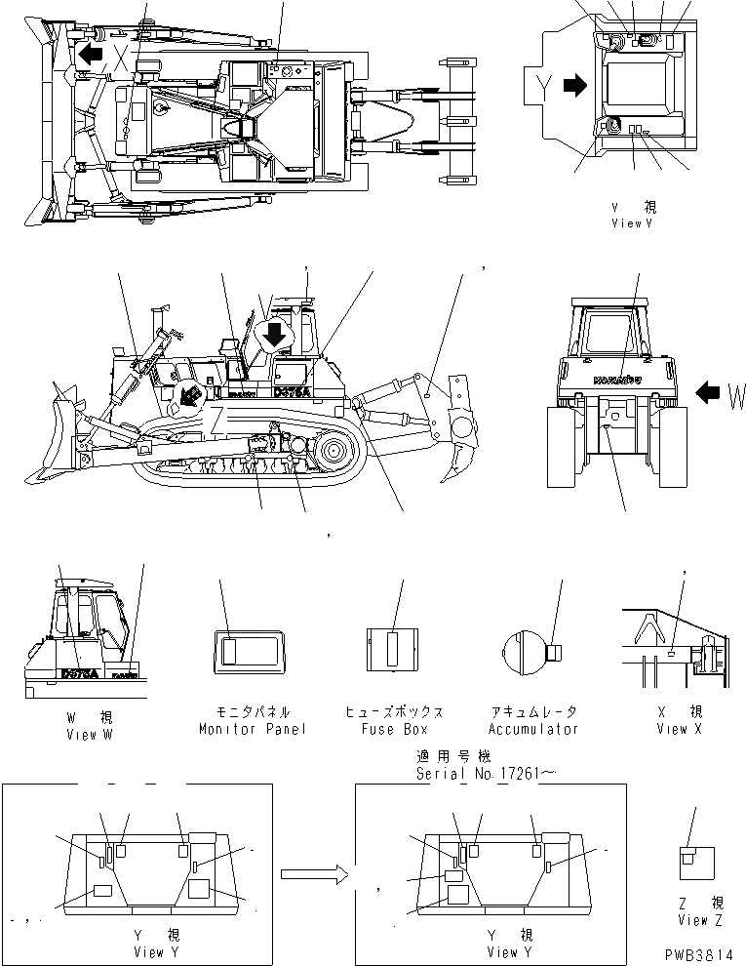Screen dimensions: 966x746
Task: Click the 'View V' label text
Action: click(x=631, y=222)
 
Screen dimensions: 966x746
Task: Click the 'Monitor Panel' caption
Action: click(x=252, y=729)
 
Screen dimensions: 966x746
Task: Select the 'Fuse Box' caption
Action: click(x=393, y=729)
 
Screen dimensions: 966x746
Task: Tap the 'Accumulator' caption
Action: click(x=535, y=729)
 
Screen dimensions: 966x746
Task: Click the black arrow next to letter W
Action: click(x=706, y=393)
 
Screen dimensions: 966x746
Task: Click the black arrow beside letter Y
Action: click(x=575, y=86)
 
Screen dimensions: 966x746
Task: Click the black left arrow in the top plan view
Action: click(x=91, y=54)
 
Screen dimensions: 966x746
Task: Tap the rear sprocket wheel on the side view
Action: click(x=333, y=453)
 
